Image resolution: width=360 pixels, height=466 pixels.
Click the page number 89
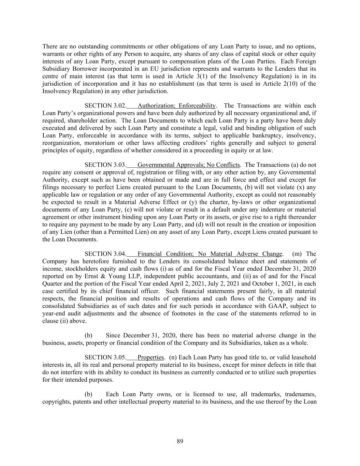180,441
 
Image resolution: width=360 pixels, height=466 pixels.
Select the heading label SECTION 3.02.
105,106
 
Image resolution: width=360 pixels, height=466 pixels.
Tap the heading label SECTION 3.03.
105,165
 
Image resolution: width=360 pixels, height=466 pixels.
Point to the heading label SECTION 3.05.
105,357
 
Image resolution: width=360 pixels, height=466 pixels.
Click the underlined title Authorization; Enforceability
176,106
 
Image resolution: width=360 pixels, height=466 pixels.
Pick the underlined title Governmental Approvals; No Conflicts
188,165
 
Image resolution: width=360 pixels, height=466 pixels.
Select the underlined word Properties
150,357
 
